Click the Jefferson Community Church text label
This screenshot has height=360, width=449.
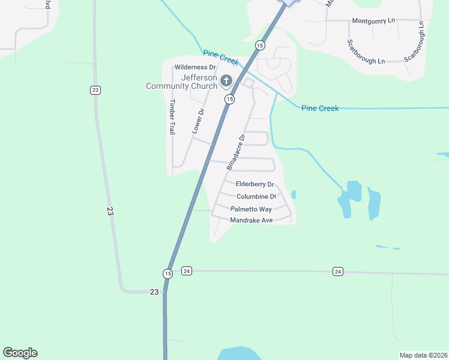181,82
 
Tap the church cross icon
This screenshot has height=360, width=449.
226,80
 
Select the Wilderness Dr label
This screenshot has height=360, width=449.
194,68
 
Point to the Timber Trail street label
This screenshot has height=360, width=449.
172,116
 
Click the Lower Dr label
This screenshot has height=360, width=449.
197,122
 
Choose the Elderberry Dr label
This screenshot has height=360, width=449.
255,184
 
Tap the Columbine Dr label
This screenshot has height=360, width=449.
256,197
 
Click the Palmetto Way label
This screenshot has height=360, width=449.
251,209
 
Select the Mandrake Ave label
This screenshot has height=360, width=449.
252,221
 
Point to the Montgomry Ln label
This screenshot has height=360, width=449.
373,20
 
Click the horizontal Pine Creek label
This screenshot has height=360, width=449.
320,109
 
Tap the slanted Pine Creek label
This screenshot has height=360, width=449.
221,58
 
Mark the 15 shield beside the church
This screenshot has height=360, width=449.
229,99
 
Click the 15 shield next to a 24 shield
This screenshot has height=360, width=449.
167,273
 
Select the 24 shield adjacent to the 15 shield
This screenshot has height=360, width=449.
186,271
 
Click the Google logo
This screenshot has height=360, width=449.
20,353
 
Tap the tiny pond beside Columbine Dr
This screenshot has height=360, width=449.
293,194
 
